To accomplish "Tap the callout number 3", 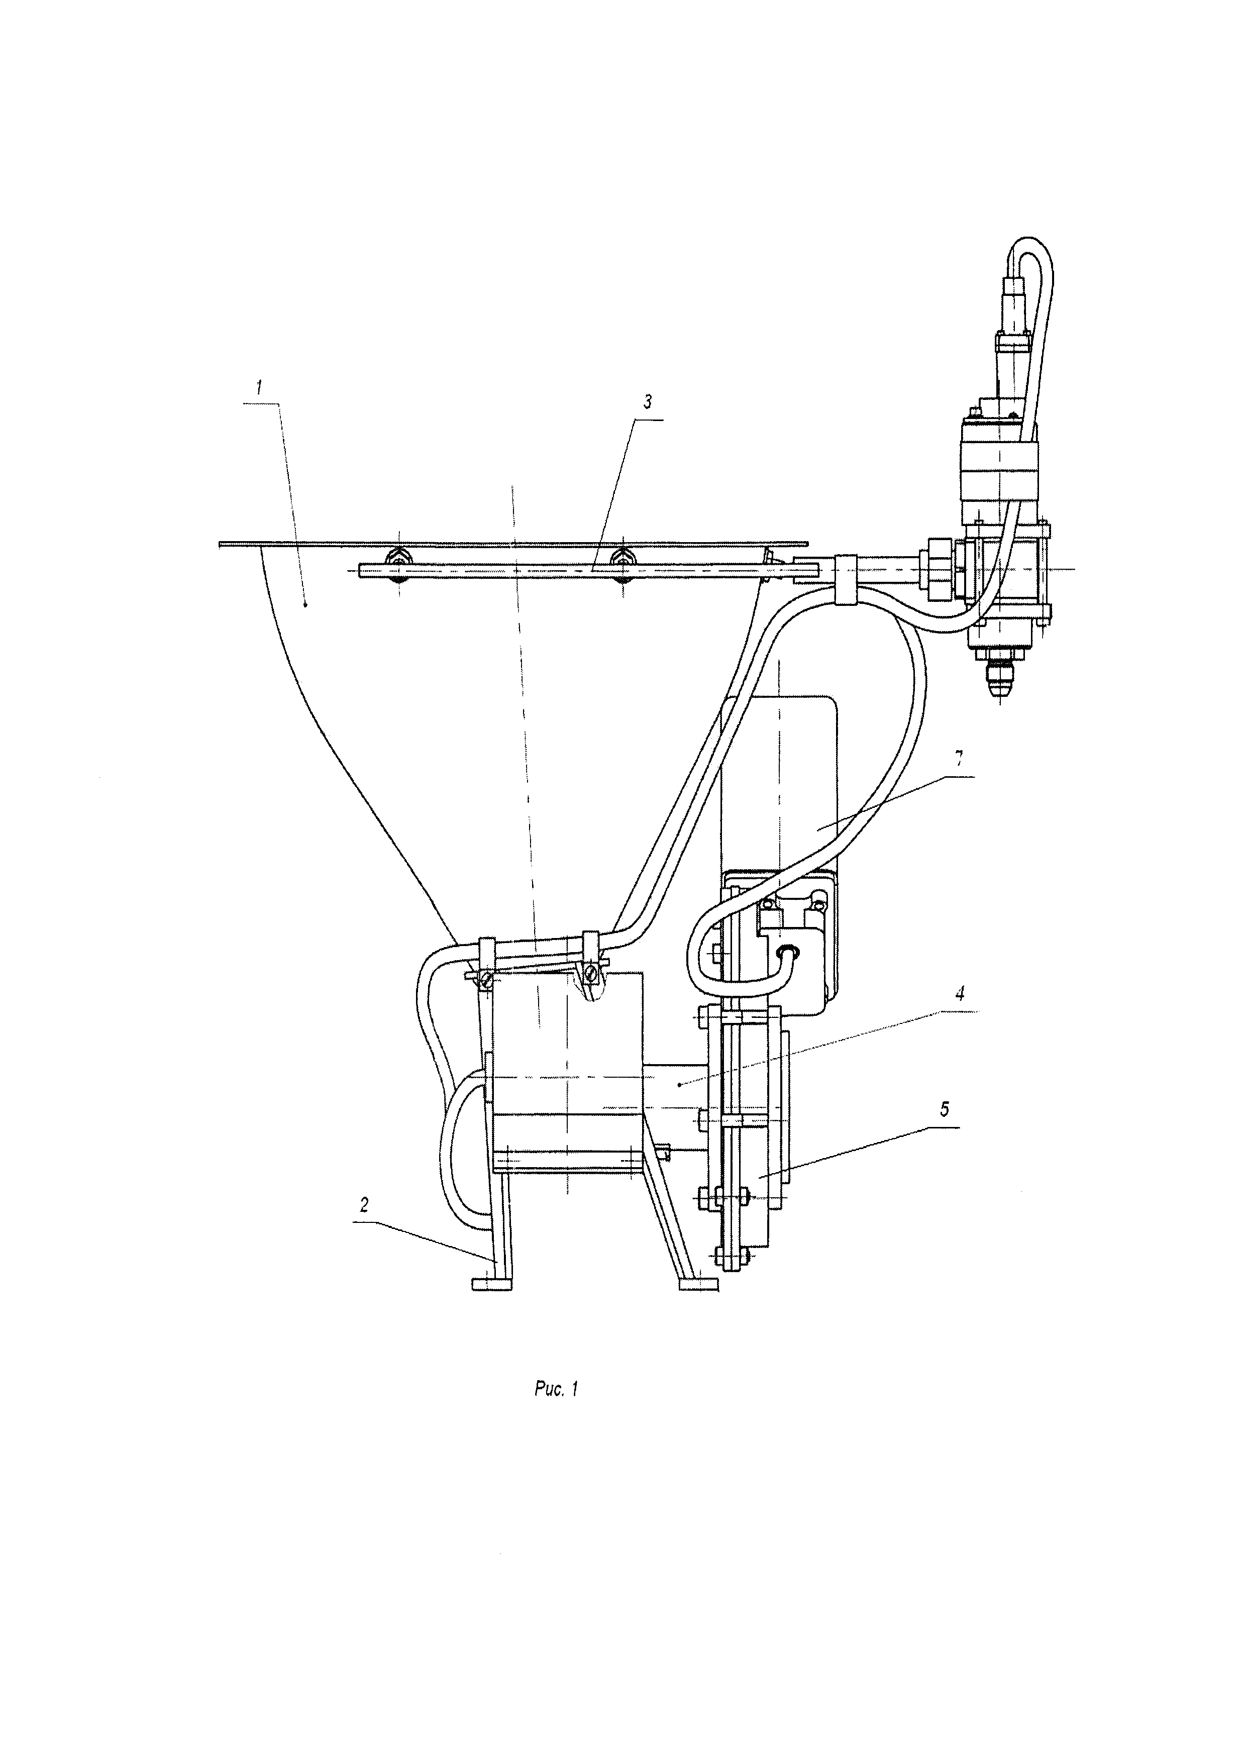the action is pyautogui.click(x=648, y=401).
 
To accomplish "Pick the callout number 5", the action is pyautogui.click(x=945, y=1109).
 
